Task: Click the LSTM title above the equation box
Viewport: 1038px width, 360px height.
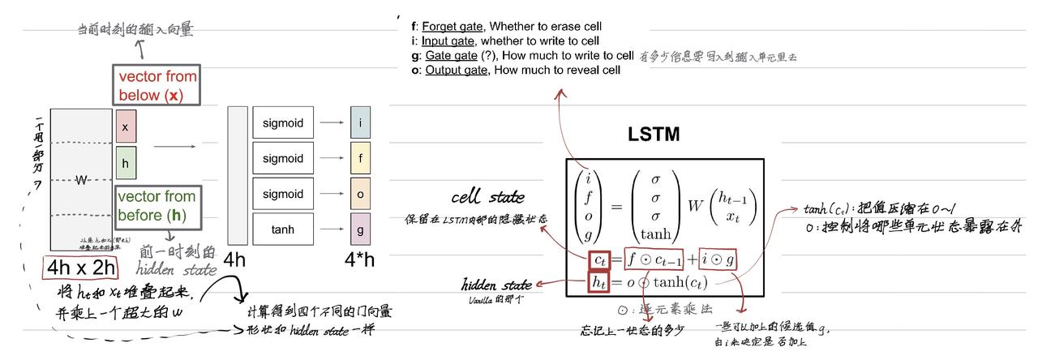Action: tap(653, 135)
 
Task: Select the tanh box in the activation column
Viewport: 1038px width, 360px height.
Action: tap(283, 229)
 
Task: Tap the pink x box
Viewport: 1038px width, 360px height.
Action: tap(125, 127)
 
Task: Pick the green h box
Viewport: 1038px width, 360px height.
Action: tap(125, 163)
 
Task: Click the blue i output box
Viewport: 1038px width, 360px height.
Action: tap(361, 123)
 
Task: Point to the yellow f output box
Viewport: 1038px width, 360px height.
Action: tap(361, 159)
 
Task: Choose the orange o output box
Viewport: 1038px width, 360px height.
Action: tap(361, 194)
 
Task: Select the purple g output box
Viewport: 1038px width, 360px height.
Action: tap(361, 229)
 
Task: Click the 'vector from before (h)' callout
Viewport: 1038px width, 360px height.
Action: tap(156, 206)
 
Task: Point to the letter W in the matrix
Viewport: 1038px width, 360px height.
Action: tap(81, 180)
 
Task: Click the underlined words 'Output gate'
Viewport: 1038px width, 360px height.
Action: tap(456, 70)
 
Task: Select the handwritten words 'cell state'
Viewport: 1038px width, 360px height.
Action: tap(487, 197)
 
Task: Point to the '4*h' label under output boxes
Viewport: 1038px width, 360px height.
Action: tap(360, 260)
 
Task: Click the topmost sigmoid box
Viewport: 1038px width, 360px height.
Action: tap(283, 123)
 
